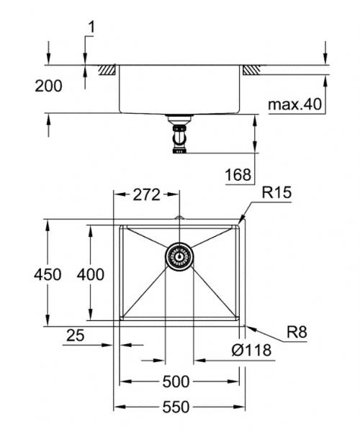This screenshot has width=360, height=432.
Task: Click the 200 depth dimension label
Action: point(48,86)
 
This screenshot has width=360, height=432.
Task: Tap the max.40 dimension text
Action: point(294,105)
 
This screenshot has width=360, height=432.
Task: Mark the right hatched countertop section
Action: point(251,71)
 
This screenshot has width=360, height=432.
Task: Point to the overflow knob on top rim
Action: point(179,218)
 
